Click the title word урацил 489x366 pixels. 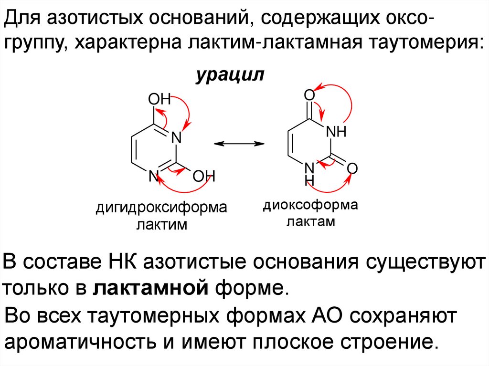229,76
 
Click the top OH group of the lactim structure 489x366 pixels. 159,99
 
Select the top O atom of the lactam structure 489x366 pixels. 309,95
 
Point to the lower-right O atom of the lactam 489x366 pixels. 352,168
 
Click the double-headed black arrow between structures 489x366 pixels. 239,143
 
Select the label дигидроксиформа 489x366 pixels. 161,208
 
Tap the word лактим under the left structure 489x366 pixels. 161,224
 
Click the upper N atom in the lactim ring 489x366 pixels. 177,138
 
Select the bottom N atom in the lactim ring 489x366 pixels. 153,176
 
